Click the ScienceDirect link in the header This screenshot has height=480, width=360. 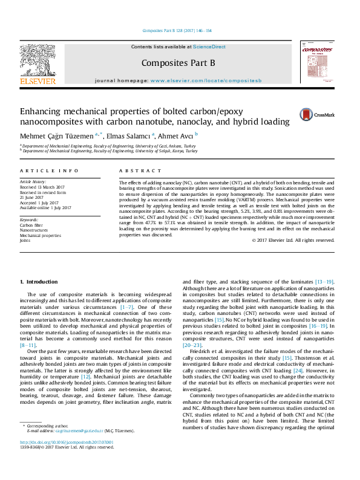click(x=209, y=47)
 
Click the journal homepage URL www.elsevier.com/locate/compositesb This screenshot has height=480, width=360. click(x=206, y=80)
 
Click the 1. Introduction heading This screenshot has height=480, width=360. click(x=39, y=282)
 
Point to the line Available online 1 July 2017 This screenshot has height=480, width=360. click(x=45, y=207)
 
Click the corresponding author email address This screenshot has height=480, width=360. click(x=79, y=448)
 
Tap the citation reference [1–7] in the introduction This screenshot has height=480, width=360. click(x=128, y=306)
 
